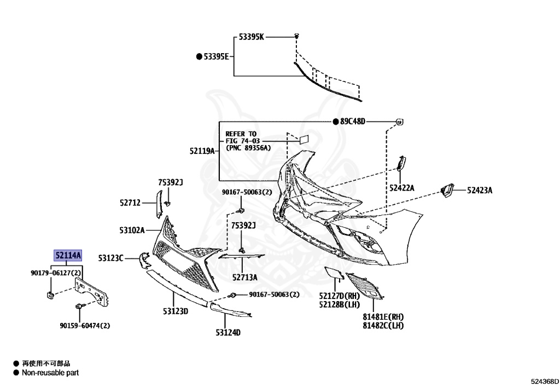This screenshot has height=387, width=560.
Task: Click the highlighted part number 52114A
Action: pyautogui.click(x=67, y=255)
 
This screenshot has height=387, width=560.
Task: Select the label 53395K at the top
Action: pyautogui.click(x=252, y=37)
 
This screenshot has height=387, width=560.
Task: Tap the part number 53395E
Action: pyautogui.click(x=216, y=56)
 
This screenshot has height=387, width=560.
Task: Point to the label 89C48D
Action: pyautogui.click(x=352, y=121)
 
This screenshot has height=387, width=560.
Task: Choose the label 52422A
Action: pyautogui.click(x=402, y=188)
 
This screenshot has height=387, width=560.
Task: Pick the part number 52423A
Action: pyautogui.click(x=480, y=190)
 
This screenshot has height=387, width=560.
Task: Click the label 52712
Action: pyautogui.click(x=131, y=203)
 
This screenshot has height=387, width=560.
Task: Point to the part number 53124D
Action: pyautogui.click(x=228, y=332)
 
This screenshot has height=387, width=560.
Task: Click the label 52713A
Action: pyautogui.click(x=244, y=277)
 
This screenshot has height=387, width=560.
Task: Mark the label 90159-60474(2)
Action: pyautogui.click(x=85, y=325)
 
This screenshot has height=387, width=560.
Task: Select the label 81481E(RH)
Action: pyautogui.click(x=383, y=316)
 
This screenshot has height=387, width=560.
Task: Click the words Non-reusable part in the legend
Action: pyautogui.click(x=50, y=373)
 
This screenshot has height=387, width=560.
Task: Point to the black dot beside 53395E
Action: pyautogui.click(x=200, y=56)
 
